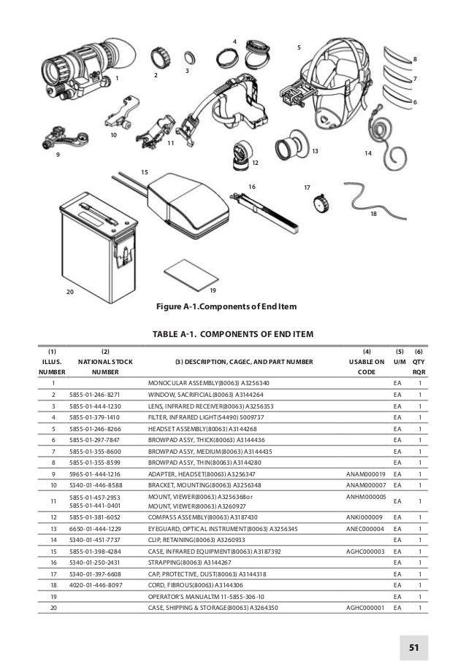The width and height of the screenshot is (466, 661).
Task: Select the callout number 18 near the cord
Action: [x=374, y=214]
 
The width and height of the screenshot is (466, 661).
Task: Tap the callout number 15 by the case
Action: [x=144, y=171]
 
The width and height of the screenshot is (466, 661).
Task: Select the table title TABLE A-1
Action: [x=232, y=334]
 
